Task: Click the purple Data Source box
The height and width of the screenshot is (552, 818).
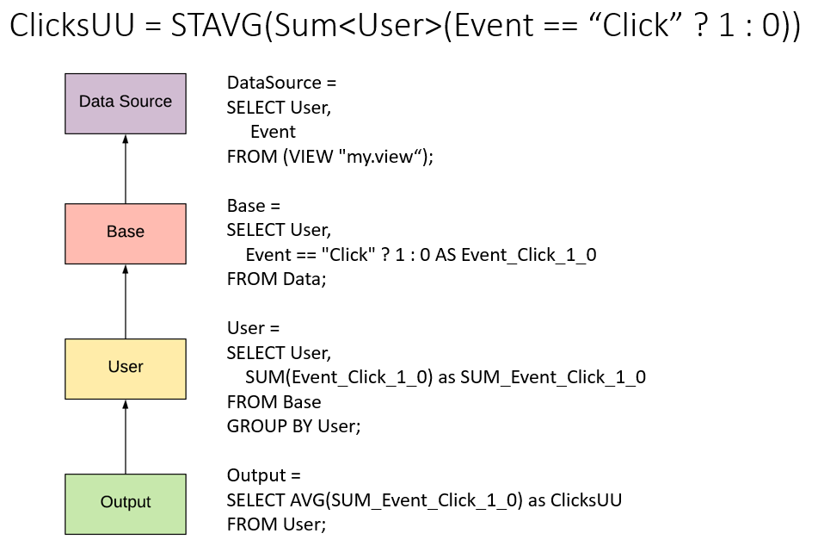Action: pyautogui.click(x=126, y=103)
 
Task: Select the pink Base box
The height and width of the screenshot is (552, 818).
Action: pyautogui.click(x=126, y=233)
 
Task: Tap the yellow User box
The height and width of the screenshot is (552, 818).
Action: pyautogui.click(x=126, y=369)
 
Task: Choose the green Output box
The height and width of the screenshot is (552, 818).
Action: pyautogui.click(x=126, y=504)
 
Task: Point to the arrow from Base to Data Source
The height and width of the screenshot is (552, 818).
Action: pyautogui.click(x=126, y=169)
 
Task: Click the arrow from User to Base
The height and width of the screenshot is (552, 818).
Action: pyautogui.click(x=126, y=301)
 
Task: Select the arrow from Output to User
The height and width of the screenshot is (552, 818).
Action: pyautogui.click(x=126, y=437)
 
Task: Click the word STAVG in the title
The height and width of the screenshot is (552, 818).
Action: pyautogui.click(x=217, y=25)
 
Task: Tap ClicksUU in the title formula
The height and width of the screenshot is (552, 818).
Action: pyautogui.click(x=72, y=25)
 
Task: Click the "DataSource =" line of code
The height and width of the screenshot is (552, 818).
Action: pyautogui.click(x=282, y=83)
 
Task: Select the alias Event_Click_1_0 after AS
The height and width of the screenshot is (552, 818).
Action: pyautogui.click(x=529, y=255)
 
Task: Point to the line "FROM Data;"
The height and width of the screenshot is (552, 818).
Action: pyautogui.click(x=276, y=279)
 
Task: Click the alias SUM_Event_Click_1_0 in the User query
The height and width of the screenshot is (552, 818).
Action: pyautogui.click(x=553, y=377)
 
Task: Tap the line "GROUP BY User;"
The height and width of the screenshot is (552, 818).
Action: pyautogui.click(x=293, y=426)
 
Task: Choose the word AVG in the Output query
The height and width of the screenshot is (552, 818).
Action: pyautogui.click(x=307, y=499)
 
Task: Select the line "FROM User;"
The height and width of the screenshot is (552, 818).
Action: pyautogui.click(x=276, y=524)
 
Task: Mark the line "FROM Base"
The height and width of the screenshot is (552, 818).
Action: pyautogui.click(x=274, y=401)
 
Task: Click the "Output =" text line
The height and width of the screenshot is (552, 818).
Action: pyautogui.click(x=264, y=475)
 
